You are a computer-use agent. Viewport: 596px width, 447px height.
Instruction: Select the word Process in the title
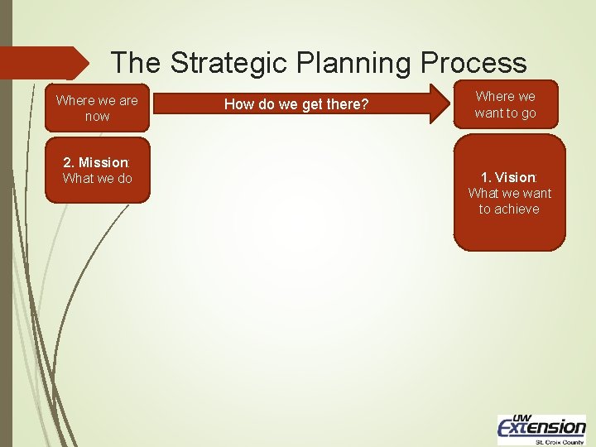(x=473, y=62)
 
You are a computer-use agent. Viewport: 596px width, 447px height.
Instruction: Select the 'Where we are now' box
(x=98, y=108)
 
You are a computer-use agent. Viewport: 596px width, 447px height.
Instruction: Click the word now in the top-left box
(x=98, y=117)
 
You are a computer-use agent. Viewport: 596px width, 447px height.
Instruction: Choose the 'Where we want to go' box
(x=506, y=104)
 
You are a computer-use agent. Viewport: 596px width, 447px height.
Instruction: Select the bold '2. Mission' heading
(x=97, y=162)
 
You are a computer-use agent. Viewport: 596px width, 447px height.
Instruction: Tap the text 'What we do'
(x=98, y=178)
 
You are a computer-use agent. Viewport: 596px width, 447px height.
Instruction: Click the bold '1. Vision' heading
(x=508, y=177)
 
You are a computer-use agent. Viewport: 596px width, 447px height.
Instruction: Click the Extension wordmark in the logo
(x=541, y=427)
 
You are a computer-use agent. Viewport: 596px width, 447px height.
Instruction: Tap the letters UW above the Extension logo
(x=522, y=416)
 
